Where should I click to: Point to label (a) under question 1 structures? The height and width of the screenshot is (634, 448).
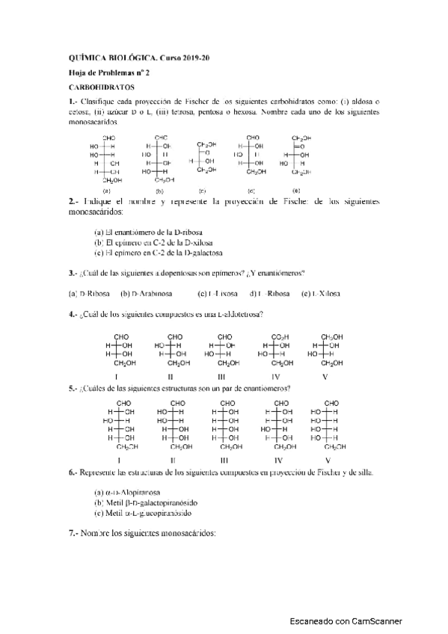(x=108, y=191)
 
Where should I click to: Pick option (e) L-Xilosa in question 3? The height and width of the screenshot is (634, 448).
(x=317, y=293)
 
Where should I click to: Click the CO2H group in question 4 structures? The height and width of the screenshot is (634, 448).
(x=277, y=337)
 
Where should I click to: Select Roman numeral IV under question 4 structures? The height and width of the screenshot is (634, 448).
(x=277, y=376)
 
